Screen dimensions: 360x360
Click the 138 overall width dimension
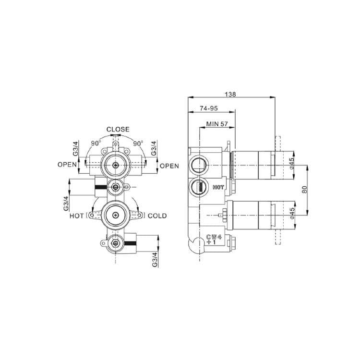[230, 95]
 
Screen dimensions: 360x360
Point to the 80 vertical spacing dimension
[303, 189]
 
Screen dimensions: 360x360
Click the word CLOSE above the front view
[118, 129]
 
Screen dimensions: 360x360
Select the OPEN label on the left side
[67, 165]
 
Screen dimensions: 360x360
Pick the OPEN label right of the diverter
[169, 166]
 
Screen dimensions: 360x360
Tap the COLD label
[157, 216]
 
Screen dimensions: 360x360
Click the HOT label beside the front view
[77, 216]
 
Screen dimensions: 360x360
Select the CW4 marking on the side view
[213, 237]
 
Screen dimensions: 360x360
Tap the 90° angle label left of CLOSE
[96, 143]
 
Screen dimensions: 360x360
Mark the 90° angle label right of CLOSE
[138, 143]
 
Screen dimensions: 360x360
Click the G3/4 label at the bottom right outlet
[155, 258]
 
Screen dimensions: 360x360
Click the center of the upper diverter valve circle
[115, 165]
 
